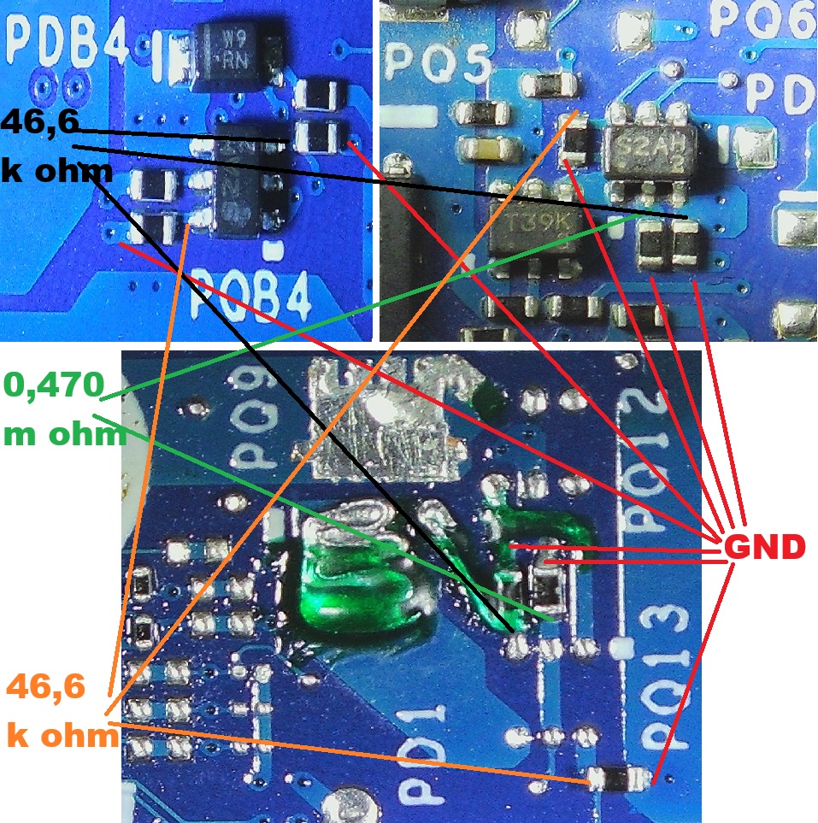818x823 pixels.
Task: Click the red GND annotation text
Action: click(x=764, y=546)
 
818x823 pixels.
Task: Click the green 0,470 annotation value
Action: click(x=54, y=386)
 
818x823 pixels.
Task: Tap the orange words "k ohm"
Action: click(x=62, y=735)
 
